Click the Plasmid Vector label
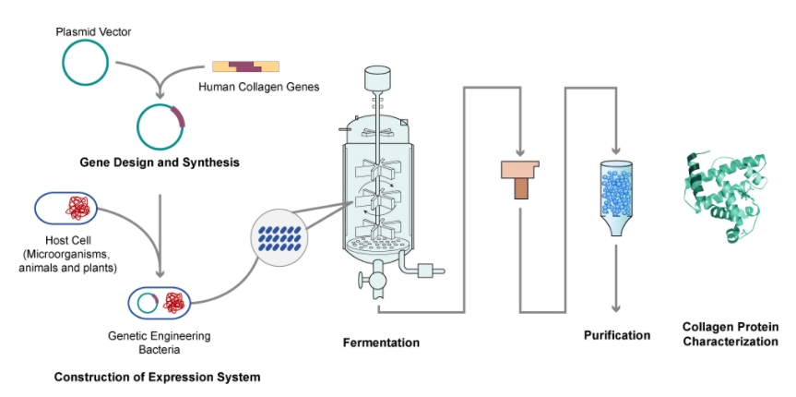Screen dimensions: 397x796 pyautogui.click(x=93, y=32)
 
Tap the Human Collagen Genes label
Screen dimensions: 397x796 pyautogui.click(x=259, y=88)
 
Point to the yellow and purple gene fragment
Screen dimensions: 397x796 pyautogui.click(x=244, y=66)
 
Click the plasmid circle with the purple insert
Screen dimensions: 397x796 pyautogui.click(x=160, y=126)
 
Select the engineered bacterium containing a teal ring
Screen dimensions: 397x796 pyautogui.click(x=160, y=302)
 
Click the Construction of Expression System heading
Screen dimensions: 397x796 pyautogui.click(x=157, y=377)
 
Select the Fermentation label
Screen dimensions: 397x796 pyautogui.click(x=381, y=343)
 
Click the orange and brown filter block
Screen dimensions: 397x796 pyautogui.click(x=519, y=178)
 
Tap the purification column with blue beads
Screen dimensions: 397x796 pyautogui.click(x=616, y=197)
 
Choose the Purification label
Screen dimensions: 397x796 pyautogui.click(x=616, y=335)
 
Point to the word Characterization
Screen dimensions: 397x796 pyautogui.click(x=730, y=342)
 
